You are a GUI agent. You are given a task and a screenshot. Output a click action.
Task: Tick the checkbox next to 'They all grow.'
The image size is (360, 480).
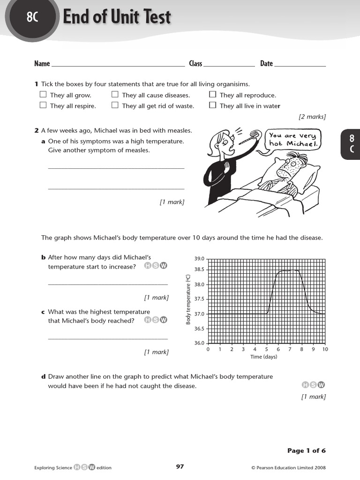(x=43, y=95)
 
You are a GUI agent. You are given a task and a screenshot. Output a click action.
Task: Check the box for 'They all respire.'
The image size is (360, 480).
(x=43, y=105)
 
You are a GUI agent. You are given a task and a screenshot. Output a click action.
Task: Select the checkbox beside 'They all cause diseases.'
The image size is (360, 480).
(x=115, y=95)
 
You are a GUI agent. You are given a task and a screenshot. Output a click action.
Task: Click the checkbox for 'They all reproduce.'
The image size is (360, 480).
(x=212, y=95)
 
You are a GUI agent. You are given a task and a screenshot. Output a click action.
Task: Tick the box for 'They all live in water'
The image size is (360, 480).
(x=212, y=105)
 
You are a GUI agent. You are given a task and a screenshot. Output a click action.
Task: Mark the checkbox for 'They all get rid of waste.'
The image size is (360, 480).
(x=115, y=105)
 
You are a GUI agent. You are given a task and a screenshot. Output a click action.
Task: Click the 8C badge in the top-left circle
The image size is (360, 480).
(x=32, y=17)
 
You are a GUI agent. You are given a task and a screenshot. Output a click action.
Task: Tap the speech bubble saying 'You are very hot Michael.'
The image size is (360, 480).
(x=293, y=140)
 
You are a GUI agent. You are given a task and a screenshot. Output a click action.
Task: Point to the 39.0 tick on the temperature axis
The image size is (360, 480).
(x=199, y=259)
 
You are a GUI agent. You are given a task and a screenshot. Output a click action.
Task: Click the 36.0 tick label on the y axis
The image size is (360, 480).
(x=199, y=343)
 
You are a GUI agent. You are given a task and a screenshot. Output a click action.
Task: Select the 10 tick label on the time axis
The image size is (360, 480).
(x=325, y=349)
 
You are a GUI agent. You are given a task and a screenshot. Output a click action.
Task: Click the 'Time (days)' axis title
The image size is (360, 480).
(x=264, y=357)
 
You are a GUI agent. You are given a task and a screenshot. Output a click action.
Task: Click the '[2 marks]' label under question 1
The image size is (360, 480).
(x=312, y=117)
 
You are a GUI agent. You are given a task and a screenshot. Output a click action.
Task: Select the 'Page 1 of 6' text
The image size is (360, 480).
(x=306, y=450)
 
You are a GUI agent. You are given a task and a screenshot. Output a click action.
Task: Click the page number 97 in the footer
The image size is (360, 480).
(x=180, y=466)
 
